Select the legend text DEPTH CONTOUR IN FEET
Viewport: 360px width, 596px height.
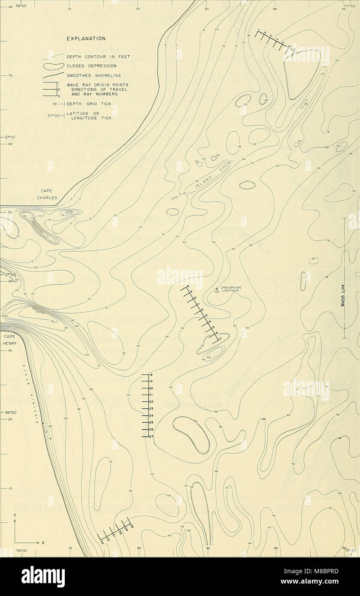click(x=94, y=57)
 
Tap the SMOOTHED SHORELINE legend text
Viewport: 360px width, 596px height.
click(x=90, y=75)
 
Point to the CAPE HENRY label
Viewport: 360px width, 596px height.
click(x=9, y=340)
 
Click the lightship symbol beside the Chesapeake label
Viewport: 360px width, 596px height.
click(x=217, y=290)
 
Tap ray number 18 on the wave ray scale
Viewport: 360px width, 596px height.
click(x=151, y=375)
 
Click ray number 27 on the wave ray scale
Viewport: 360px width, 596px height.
click(x=151, y=436)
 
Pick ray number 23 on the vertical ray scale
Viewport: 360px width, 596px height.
click(x=151, y=409)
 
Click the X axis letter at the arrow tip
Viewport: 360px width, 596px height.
click(x=43, y=543)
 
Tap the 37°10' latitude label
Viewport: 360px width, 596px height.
click(x=9, y=138)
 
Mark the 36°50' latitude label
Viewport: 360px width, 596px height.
click(x=9, y=412)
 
